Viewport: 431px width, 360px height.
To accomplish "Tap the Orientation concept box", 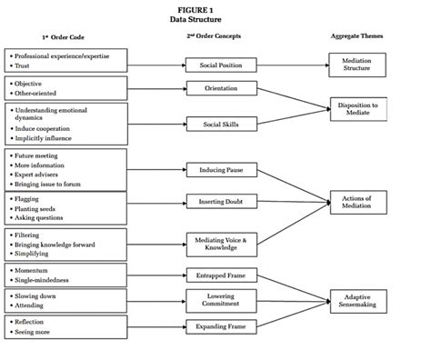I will (215, 89).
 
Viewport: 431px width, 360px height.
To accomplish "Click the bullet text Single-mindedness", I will (43, 280).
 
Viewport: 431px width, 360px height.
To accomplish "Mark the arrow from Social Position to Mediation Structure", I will (286, 65).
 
